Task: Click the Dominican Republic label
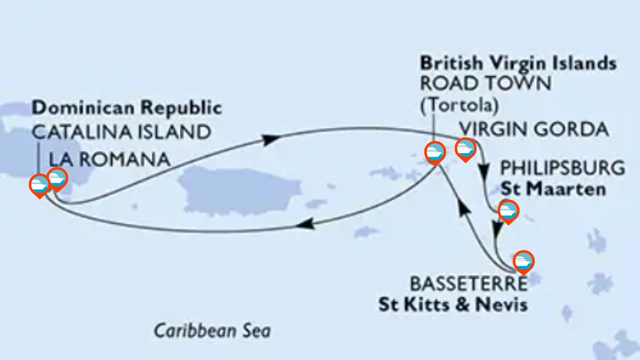[127, 107]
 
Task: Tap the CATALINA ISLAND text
[122, 132]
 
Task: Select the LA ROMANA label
[110, 159]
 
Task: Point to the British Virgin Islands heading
[518, 63]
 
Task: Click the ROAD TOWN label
[485, 84]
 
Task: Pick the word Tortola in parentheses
[459, 105]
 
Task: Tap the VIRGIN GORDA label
[534, 130]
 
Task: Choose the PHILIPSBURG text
[562, 168]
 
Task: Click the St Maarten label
[553, 189]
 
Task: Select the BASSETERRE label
[468, 284]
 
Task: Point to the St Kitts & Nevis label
[452, 304]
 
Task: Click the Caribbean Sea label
[212, 330]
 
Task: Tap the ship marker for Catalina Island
[39, 185]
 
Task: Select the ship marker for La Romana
[57, 178]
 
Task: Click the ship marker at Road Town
[435, 152]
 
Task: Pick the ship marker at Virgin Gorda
[465, 148]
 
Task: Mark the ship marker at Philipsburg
[508, 211]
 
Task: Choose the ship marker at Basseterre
[523, 261]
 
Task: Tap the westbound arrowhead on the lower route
[306, 225]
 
